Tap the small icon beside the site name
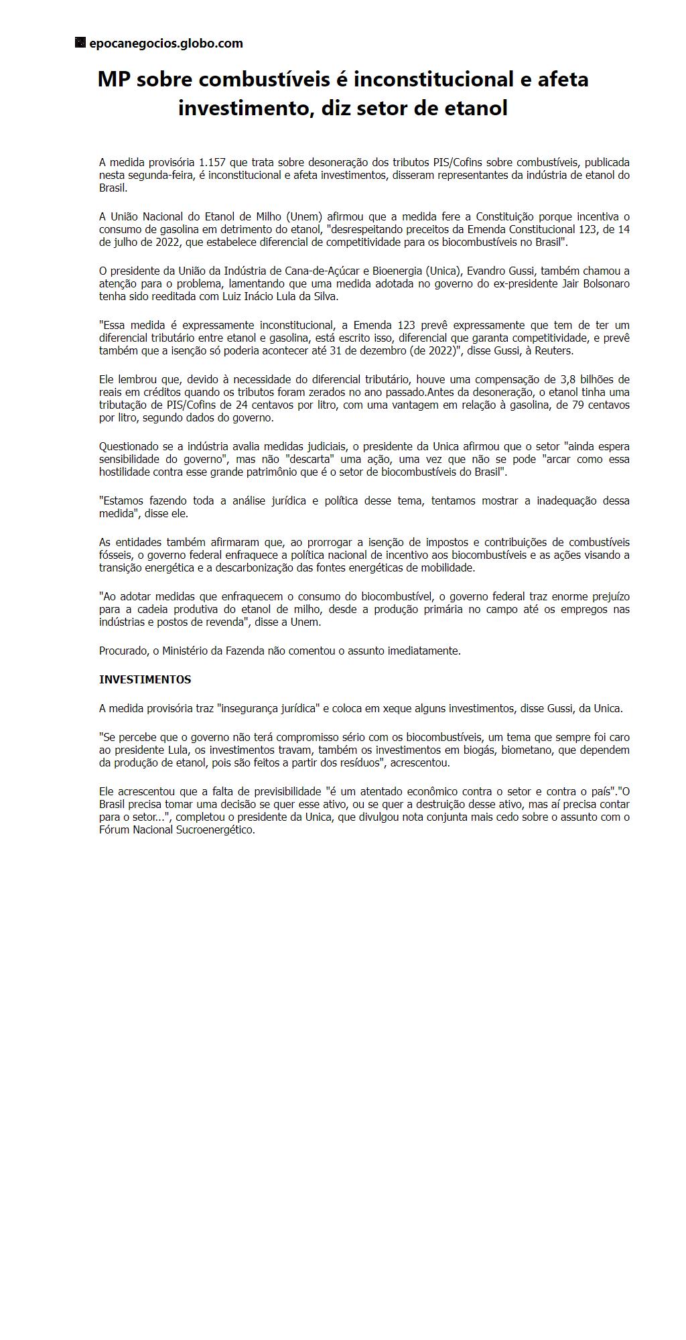click(80, 43)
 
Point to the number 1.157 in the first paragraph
click(212, 163)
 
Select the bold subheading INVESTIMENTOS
click(145, 679)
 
